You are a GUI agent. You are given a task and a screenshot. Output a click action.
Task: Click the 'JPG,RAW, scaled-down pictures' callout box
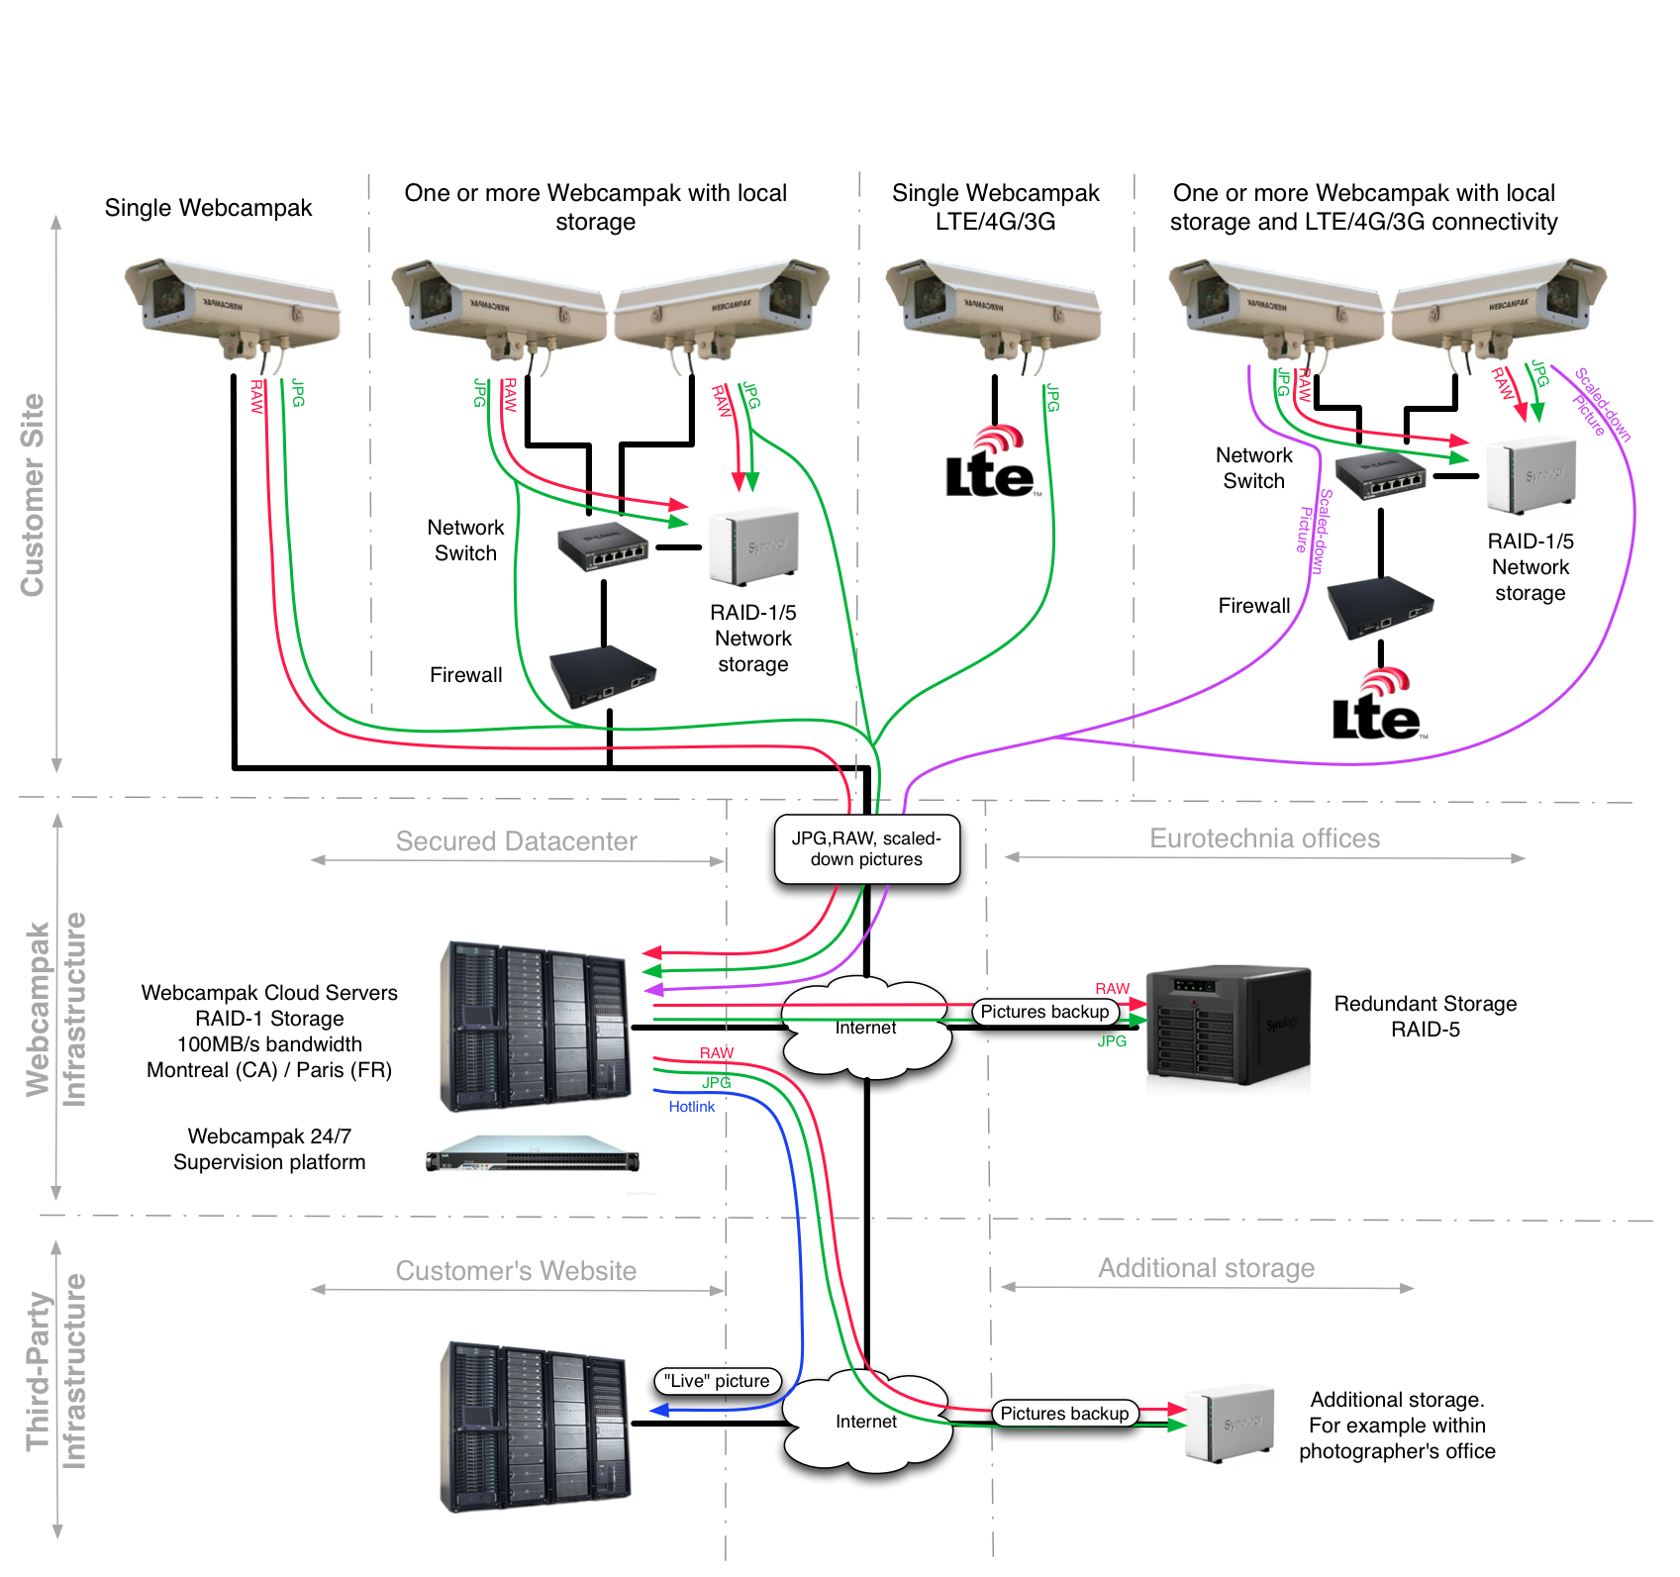[866, 848]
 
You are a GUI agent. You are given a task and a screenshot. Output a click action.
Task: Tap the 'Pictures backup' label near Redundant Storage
[1044, 1011]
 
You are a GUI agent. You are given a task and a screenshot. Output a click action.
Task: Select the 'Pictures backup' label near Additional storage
[1064, 1413]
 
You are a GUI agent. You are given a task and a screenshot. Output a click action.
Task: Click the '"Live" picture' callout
[717, 1380]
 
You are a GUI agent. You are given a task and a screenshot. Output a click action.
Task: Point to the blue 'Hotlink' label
[691, 1106]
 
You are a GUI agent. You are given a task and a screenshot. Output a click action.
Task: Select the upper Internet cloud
[866, 1026]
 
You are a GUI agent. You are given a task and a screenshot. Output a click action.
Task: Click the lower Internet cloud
[866, 1420]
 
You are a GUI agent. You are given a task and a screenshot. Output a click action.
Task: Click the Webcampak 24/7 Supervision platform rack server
[533, 1154]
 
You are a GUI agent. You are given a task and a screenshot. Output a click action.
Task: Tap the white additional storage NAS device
[1230, 1424]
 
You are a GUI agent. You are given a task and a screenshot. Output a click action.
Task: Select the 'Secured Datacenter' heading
[516, 841]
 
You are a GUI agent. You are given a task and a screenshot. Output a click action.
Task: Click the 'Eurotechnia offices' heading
[1264, 838]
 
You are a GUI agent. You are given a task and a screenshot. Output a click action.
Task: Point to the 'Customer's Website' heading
[516, 1271]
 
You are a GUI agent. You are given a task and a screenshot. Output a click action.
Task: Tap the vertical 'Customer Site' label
[33, 495]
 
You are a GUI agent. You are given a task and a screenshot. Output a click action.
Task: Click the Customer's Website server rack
[535, 1426]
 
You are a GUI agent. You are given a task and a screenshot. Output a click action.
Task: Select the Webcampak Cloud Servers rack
[535, 1026]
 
